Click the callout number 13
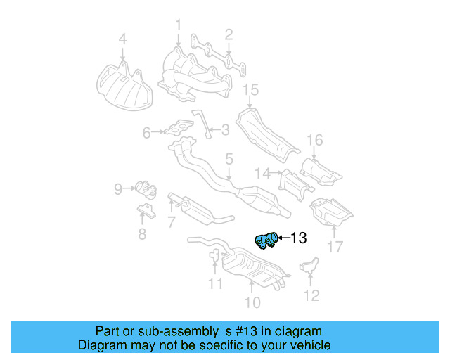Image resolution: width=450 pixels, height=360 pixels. coord(299,238)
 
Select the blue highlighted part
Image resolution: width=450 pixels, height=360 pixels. coord(266,240)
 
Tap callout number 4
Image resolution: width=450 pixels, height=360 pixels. coord(122,39)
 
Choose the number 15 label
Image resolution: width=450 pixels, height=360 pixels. coord(251,89)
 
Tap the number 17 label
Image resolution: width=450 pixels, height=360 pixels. coord(335,247)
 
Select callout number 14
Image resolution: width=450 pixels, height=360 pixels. coord(263,172)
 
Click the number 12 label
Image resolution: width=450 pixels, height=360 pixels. coord(311,295)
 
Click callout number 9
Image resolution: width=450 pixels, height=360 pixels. coord(119,188)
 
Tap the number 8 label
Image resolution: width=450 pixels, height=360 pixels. coord(142,234)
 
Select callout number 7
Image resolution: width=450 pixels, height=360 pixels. coord(171,222)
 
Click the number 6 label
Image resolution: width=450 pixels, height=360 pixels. coord(147,131)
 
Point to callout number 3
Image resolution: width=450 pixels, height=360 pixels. coord(225,129)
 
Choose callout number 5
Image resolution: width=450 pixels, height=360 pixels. coord(229,160)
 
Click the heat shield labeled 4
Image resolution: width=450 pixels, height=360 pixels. coord(122,86)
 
